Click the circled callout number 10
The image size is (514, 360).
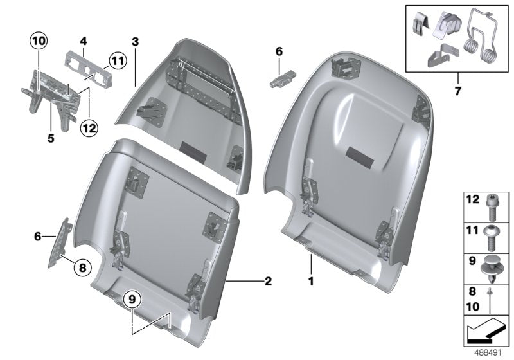coord(38,41)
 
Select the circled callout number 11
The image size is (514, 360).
coord(115,62)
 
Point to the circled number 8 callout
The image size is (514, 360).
coord(83,267)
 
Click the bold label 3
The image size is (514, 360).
coord(135,41)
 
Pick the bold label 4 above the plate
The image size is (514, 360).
coord(84,41)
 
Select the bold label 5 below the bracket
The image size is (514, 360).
coord(50,120)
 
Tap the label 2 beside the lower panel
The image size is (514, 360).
coord(268,281)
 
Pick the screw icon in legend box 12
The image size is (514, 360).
coord(491,203)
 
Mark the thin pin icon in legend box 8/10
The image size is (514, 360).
coord(491,297)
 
